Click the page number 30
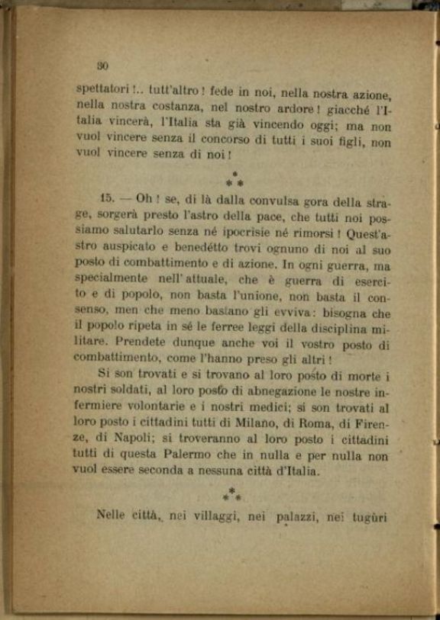pyautogui.click(x=103, y=66)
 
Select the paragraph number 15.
pyautogui.click(x=106, y=197)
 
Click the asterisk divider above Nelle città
pyautogui.click(x=232, y=494)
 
